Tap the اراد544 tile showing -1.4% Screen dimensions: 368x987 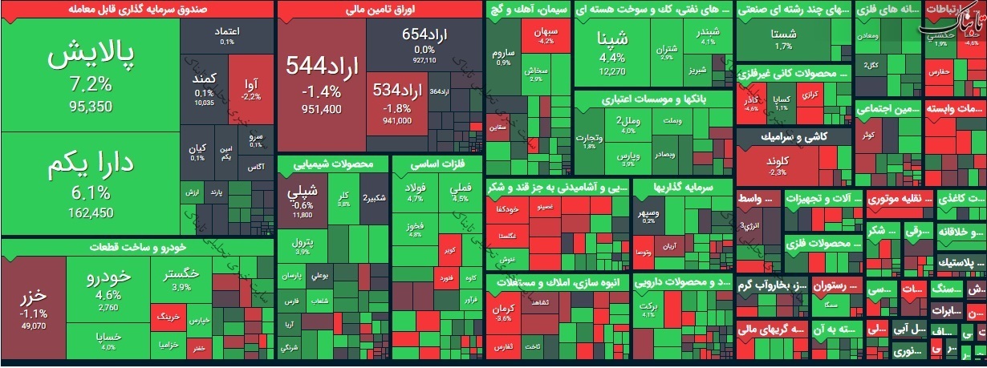point(321,80)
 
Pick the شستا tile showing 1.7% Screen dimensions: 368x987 point(782,39)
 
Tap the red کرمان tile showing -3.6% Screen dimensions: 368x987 point(503,313)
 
